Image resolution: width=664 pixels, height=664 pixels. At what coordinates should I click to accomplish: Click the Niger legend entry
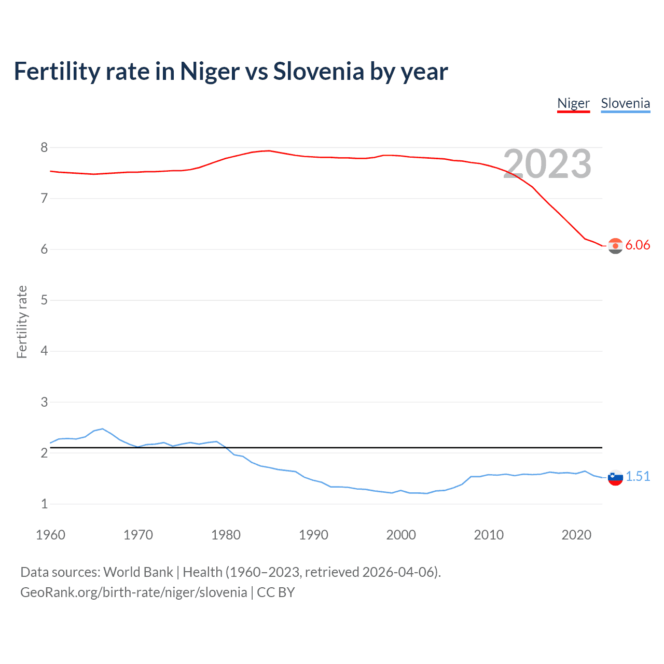click(573, 103)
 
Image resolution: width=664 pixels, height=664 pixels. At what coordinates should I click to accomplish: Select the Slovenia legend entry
click(625, 103)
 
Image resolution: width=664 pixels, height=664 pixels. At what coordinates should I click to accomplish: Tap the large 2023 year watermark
click(547, 164)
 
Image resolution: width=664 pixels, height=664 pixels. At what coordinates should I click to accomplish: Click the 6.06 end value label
click(638, 245)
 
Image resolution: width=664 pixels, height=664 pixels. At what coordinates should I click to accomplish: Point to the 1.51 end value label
click(638, 477)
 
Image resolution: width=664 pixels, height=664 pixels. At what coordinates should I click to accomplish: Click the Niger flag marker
click(615, 246)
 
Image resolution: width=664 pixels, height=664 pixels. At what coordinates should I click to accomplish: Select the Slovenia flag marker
click(615, 477)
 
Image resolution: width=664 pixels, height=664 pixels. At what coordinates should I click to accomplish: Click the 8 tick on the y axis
click(44, 148)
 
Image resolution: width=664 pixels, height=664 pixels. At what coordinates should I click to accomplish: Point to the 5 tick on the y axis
click(44, 300)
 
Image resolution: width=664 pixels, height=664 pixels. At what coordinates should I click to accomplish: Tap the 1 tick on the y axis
click(44, 504)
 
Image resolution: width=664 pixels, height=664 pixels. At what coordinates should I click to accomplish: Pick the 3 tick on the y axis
click(44, 402)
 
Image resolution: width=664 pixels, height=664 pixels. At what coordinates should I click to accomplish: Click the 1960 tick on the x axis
click(50, 535)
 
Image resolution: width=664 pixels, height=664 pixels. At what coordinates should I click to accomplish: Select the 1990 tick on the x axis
click(313, 535)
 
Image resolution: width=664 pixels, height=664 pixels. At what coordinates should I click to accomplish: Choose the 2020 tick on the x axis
click(576, 535)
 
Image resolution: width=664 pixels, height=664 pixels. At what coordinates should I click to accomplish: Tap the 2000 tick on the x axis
click(401, 535)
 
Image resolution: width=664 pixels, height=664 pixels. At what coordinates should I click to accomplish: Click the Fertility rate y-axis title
click(22, 322)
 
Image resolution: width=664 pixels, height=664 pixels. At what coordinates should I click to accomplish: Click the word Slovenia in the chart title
click(319, 72)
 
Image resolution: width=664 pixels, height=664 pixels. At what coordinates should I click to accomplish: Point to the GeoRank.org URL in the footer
click(133, 592)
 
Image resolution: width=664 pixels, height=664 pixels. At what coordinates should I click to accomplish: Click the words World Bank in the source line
click(138, 572)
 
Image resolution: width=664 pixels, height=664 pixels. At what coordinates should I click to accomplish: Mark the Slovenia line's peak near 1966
click(103, 429)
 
